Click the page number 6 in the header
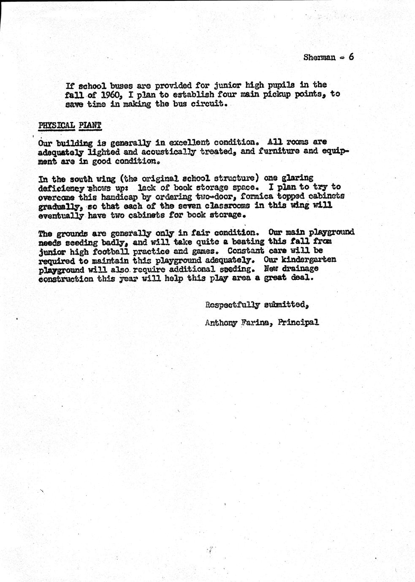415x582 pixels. [351, 57]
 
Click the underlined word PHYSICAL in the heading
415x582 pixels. [56, 125]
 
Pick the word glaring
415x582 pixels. [298, 178]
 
